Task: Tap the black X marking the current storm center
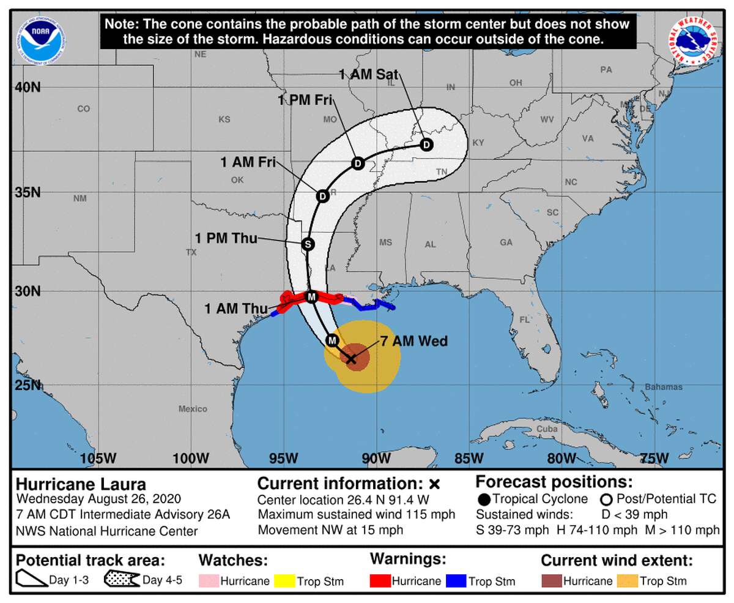point(351,359)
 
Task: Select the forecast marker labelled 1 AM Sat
point(426,145)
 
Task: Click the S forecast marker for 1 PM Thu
point(308,244)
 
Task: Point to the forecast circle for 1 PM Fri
point(358,163)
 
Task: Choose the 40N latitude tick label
point(28,87)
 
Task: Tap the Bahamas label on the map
point(664,387)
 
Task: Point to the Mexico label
point(193,408)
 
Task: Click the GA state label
point(505,242)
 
